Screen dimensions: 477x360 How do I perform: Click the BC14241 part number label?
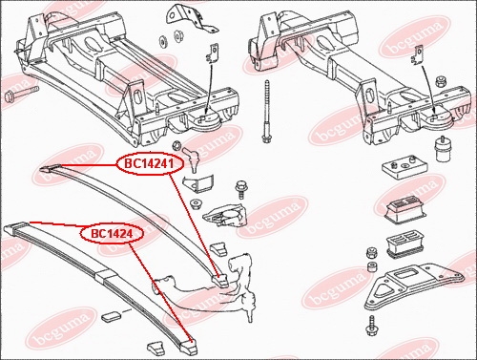[x=150, y=164]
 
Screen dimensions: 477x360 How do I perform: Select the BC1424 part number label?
[x=112, y=234]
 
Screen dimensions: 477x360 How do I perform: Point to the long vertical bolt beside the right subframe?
[x=266, y=112]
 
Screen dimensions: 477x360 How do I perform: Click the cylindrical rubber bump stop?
[x=441, y=150]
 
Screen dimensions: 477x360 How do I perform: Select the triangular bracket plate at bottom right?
[x=414, y=286]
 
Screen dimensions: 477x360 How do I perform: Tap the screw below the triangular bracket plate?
[x=371, y=326]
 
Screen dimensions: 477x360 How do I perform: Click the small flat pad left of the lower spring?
[x=111, y=316]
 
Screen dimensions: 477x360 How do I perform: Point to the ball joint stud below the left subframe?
[x=192, y=158]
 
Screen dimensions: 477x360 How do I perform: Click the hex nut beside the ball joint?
[x=176, y=146]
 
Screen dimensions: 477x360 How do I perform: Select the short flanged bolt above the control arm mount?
[x=241, y=190]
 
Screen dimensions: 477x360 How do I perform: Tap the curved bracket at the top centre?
[x=191, y=17]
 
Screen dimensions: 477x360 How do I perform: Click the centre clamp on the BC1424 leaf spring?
[x=104, y=275]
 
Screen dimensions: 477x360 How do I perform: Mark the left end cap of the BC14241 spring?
[x=50, y=167]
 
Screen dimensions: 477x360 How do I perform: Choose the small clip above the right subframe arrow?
[x=418, y=56]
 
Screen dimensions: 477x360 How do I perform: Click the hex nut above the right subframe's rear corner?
[x=441, y=81]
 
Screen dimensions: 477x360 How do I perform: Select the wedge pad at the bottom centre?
[x=156, y=348]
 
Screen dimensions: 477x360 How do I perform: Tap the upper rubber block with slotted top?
[x=403, y=209]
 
